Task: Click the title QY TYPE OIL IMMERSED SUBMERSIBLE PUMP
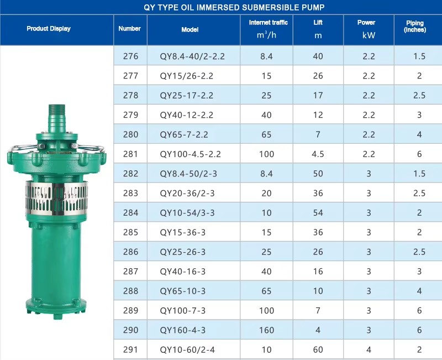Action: point(234,7)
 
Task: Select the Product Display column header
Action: point(49,29)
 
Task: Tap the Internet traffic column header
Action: point(268,23)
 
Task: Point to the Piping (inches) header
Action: point(415,26)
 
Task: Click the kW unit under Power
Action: point(369,35)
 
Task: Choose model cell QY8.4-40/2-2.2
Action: point(192,56)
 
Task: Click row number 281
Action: point(130,154)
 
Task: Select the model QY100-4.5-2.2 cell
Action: point(190,154)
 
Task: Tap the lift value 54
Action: point(318,213)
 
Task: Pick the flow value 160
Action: point(266,330)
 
